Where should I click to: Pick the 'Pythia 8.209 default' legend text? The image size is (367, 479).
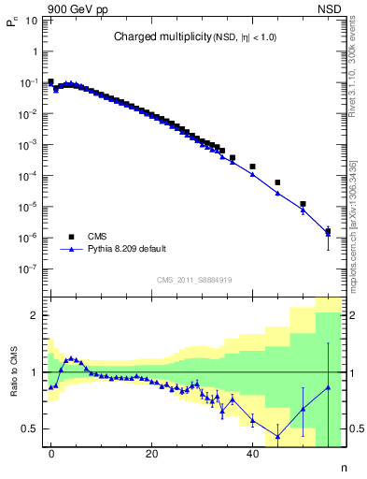[x=128, y=251]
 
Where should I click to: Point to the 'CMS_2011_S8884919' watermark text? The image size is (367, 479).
[x=194, y=279]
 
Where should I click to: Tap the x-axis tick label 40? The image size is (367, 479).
[x=252, y=454]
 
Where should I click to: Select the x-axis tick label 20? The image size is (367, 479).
[x=151, y=454]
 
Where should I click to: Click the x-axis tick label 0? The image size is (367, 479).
[x=51, y=454]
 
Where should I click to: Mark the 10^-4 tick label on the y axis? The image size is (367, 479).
[x=30, y=176]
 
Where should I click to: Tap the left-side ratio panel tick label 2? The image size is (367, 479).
[x=35, y=315]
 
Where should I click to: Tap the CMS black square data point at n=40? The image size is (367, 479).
[x=252, y=167]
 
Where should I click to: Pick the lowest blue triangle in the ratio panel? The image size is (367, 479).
[x=277, y=436]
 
